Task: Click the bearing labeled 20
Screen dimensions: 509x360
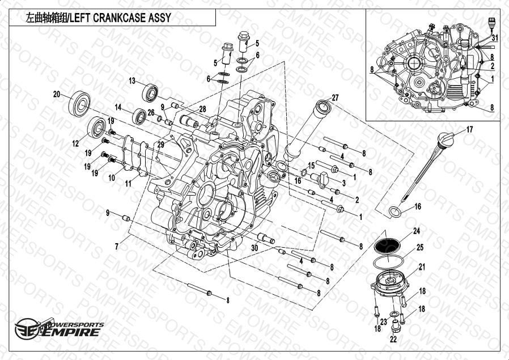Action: coord(79,104)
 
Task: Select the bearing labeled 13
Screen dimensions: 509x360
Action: coord(150,93)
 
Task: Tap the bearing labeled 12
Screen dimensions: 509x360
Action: coord(97,127)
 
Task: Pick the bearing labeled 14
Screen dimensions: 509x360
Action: coord(139,116)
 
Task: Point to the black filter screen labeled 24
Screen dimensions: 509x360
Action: coord(387,245)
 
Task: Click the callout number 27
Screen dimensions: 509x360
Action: coord(335,98)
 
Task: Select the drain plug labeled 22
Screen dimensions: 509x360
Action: coord(395,326)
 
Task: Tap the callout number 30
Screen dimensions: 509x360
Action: coord(255,248)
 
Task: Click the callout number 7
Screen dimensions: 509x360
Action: coord(117,247)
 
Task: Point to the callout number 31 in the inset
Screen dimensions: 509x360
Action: coord(494,38)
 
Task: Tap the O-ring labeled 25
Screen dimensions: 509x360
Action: coord(388,262)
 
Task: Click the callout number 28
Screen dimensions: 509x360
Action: coord(202,109)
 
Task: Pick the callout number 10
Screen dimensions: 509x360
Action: coord(112,178)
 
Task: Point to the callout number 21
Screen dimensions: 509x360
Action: coord(422,267)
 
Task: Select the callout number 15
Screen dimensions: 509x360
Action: coord(311,166)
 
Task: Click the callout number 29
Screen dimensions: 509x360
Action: coord(160,145)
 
